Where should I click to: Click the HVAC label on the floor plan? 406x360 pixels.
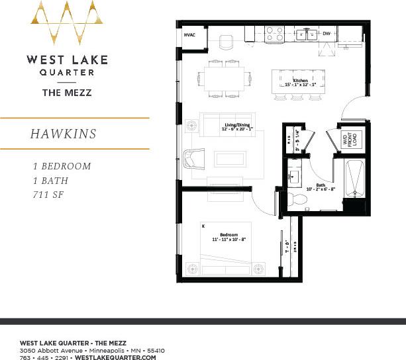tap(189, 35)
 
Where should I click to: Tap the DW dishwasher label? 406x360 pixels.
tap(327, 33)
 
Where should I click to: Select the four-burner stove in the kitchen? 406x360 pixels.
tap(275, 33)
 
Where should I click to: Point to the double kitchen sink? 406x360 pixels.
tap(305, 34)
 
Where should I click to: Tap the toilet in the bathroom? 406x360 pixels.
tap(295, 199)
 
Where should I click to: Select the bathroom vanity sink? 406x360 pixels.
tap(295, 176)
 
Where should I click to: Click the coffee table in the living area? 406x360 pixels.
tap(230, 159)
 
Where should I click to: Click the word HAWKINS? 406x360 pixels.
tap(63, 134)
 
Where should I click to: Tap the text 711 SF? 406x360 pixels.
tap(51, 195)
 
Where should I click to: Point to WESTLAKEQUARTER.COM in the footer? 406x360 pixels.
tap(116, 357)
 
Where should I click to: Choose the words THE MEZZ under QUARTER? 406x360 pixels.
tap(66, 93)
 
